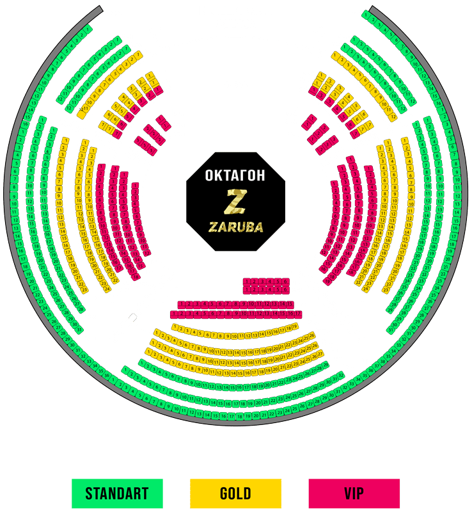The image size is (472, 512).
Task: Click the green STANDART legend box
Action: [x=116, y=493]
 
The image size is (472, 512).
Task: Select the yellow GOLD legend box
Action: [x=235, y=493]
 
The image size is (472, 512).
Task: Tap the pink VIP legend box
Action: [x=354, y=493]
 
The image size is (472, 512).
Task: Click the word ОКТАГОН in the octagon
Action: [x=235, y=175]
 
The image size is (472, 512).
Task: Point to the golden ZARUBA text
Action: [x=235, y=227]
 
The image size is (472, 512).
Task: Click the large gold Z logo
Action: [x=235, y=202]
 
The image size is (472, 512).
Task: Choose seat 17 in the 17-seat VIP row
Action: [x=297, y=314]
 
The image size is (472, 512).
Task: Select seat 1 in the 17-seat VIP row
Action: [x=173, y=314]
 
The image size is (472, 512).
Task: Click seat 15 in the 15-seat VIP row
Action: [x=290, y=303]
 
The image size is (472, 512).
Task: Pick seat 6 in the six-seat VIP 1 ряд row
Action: [x=285, y=281]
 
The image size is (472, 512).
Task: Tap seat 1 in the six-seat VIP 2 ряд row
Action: [x=247, y=290]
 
